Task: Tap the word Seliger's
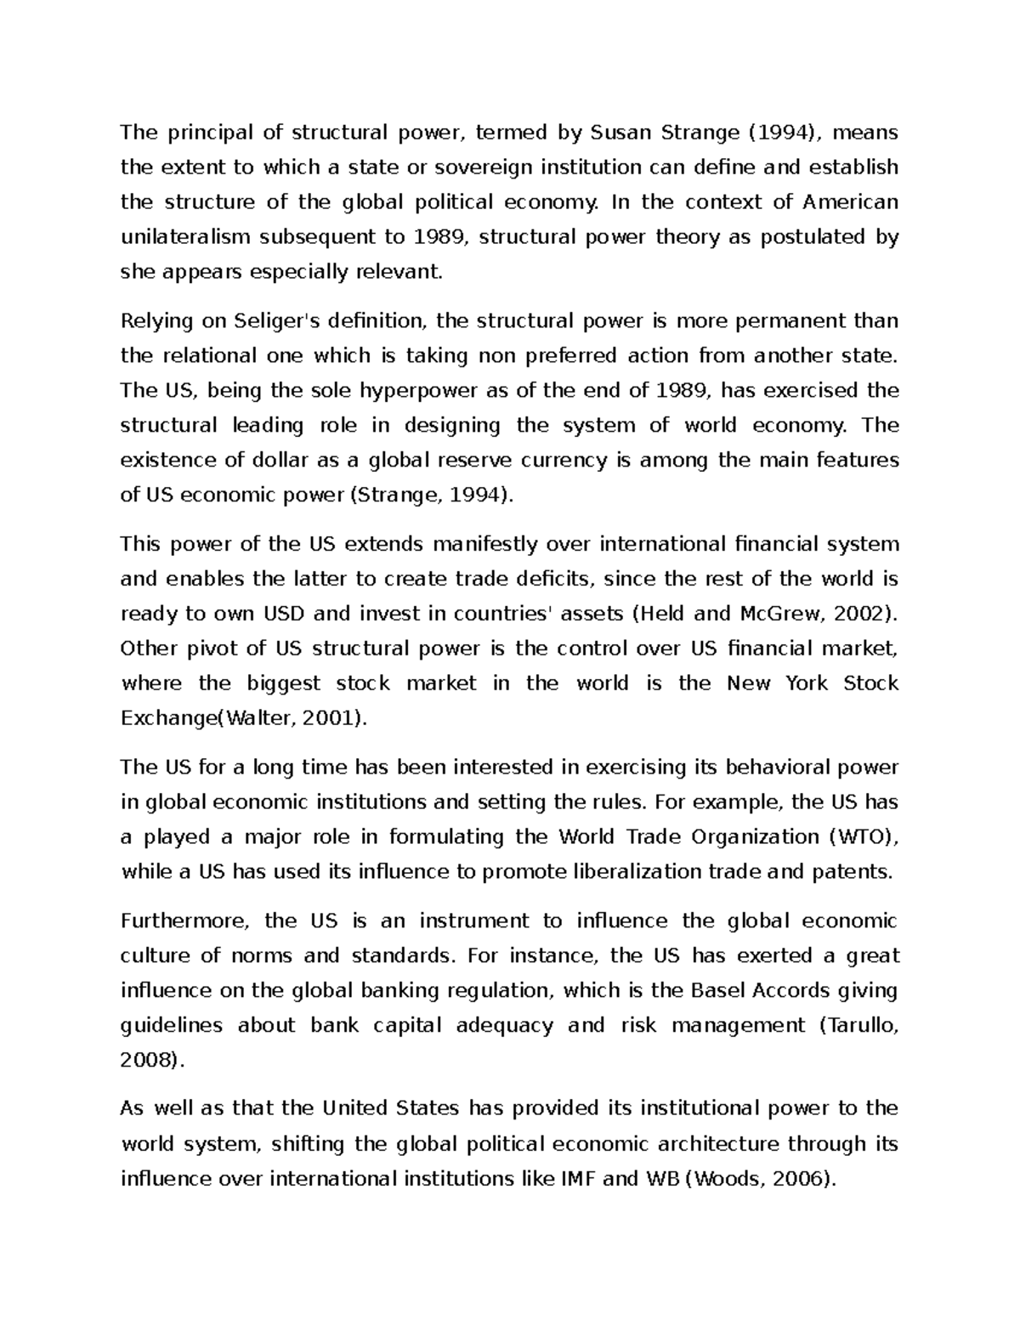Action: click(x=262, y=321)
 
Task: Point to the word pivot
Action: click(x=211, y=649)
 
